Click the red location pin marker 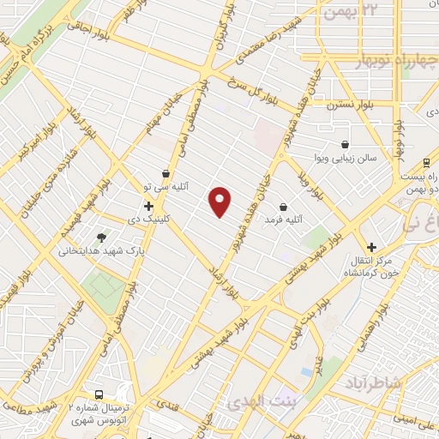click(220, 201)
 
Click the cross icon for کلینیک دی click(149, 206)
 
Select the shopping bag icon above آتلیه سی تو click(165, 173)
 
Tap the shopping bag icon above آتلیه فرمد click(283, 207)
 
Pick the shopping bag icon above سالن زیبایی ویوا click(345, 144)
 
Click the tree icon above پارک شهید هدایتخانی click(103, 238)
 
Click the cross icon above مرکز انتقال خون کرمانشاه click(371, 247)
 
